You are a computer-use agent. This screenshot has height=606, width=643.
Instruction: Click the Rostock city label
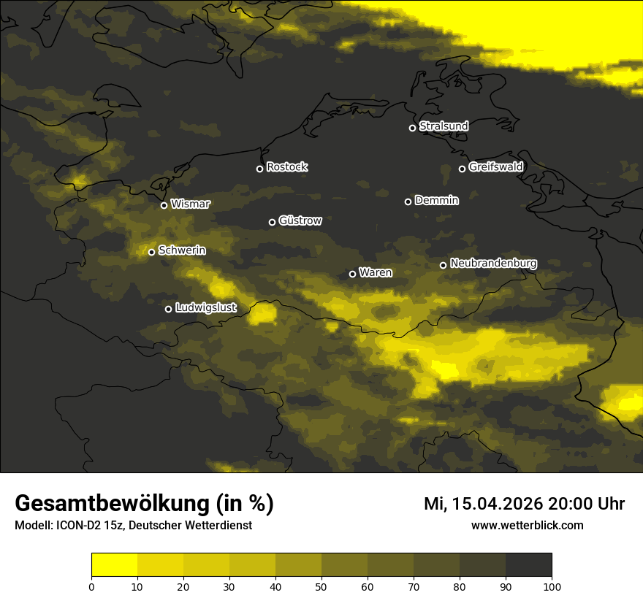click(x=286, y=167)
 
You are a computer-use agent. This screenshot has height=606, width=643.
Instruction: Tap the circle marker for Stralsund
click(x=412, y=128)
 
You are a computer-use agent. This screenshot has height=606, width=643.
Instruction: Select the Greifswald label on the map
click(x=495, y=167)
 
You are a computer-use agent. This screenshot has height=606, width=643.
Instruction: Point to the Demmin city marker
click(x=408, y=202)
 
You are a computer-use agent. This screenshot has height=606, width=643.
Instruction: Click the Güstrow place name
click(x=300, y=220)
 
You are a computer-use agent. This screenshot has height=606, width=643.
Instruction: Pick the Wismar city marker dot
click(x=164, y=205)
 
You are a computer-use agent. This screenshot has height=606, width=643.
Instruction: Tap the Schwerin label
click(x=182, y=250)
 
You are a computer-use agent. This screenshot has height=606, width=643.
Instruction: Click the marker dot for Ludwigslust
click(x=168, y=309)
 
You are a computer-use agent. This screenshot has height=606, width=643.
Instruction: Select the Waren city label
click(x=375, y=273)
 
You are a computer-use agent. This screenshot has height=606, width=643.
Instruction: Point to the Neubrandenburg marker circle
click(x=443, y=265)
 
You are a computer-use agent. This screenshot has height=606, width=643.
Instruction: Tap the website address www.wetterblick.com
click(x=527, y=525)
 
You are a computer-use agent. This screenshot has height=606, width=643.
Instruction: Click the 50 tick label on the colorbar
click(x=321, y=586)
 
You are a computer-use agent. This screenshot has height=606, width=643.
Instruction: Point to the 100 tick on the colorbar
click(x=552, y=586)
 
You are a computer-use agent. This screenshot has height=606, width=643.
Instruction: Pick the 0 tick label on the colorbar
click(x=91, y=586)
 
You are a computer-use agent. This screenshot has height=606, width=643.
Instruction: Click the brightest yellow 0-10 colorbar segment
click(x=114, y=565)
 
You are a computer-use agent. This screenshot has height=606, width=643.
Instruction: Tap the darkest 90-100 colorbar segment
click(x=528, y=565)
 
